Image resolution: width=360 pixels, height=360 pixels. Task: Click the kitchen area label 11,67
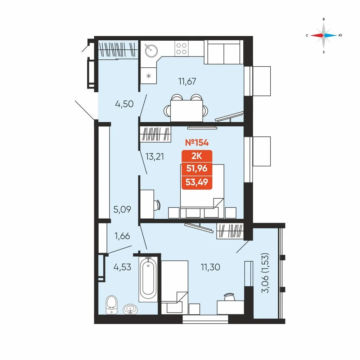[187, 81]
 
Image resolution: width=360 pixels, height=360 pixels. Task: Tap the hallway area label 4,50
[124, 104]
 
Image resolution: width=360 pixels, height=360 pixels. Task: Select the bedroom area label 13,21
[154, 157]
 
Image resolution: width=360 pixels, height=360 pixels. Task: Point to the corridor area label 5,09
[122, 210]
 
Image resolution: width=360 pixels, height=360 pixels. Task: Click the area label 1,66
[122, 236]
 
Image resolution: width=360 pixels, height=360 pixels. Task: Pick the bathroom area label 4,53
[122, 267]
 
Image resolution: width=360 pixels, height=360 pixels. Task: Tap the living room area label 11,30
[210, 267]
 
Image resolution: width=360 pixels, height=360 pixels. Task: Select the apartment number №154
[197, 143]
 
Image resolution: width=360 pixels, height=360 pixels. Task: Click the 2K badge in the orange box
[197, 156]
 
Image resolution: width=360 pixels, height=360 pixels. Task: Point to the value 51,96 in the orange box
[197, 169]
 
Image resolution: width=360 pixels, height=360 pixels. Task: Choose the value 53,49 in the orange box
[197, 182]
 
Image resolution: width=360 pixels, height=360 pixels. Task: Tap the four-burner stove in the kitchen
[181, 49]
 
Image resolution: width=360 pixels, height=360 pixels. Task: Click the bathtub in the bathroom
[148, 279]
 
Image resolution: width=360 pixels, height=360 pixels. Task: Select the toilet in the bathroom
[112, 305]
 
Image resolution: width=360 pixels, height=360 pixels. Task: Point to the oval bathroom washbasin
[130, 309]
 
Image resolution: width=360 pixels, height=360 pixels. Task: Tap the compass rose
[324, 35]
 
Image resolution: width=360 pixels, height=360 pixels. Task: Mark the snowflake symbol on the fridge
[149, 76]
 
